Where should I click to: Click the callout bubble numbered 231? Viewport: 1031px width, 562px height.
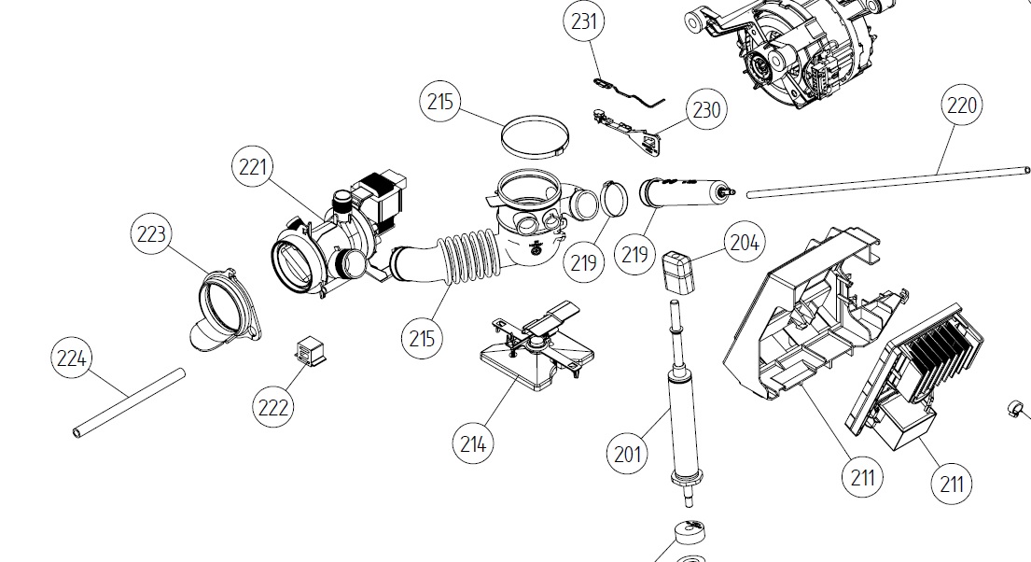(x=584, y=21)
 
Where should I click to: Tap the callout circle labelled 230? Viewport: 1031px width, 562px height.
(x=705, y=109)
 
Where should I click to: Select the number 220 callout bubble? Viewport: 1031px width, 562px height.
(x=961, y=105)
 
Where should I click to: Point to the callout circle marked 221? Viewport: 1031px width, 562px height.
(x=253, y=168)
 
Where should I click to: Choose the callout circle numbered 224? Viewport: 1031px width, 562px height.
(x=72, y=358)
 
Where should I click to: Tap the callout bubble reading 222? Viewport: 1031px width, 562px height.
(x=274, y=407)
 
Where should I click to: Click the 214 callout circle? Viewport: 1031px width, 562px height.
(x=473, y=444)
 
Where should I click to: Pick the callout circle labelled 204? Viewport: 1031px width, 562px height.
(x=744, y=243)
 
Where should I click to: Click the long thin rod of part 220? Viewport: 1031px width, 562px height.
(x=886, y=181)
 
